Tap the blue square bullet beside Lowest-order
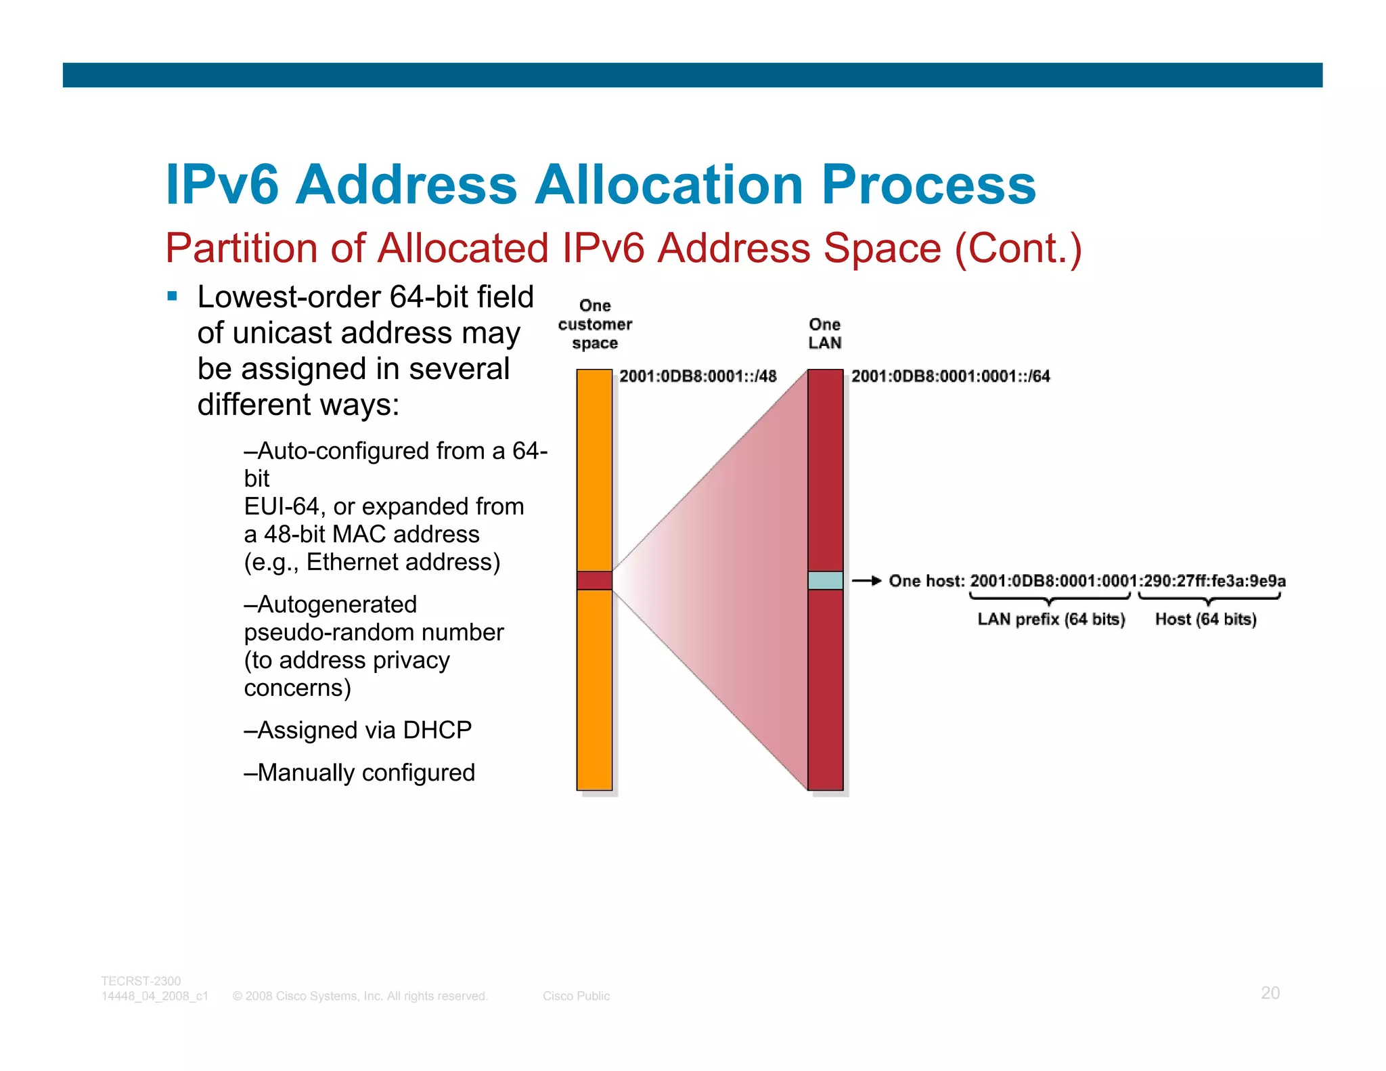pos(173,296)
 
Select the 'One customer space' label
pos(595,324)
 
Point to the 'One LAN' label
pos(825,334)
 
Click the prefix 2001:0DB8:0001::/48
pos(698,376)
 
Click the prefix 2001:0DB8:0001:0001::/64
pos(950,376)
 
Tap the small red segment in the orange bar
pos(594,580)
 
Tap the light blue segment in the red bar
pos(825,580)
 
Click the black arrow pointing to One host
pos(866,580)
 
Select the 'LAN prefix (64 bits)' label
pos(1051,619)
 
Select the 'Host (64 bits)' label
pos(1205,619)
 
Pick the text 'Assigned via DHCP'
pos(358,730)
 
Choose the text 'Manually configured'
pos(359,772)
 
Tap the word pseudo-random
pos(328,632)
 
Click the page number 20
pos(1270,993)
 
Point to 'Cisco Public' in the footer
pos(576,996)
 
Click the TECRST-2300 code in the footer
pos(141,981)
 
